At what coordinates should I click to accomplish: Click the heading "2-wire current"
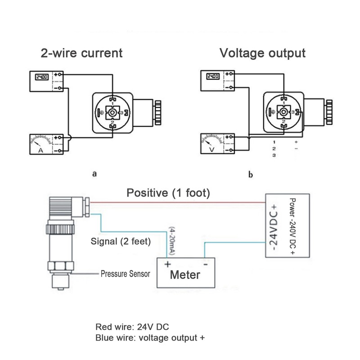(x=81, y=53)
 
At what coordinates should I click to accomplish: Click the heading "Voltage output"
(x=262, y=53)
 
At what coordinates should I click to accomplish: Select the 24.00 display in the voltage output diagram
(x=212, y=76)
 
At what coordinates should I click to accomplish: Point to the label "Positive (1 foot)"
(x=168, y=193)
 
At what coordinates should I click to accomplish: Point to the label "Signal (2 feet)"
(x=121, y=241)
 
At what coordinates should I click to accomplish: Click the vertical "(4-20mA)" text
(x=172, y=241)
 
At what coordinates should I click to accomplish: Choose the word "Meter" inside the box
(x=184, y=274)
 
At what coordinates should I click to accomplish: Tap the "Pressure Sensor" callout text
(x=125, y=273)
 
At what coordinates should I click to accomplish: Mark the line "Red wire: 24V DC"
(x=132, y=327)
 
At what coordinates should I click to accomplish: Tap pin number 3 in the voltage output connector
(x=292, y=111)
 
